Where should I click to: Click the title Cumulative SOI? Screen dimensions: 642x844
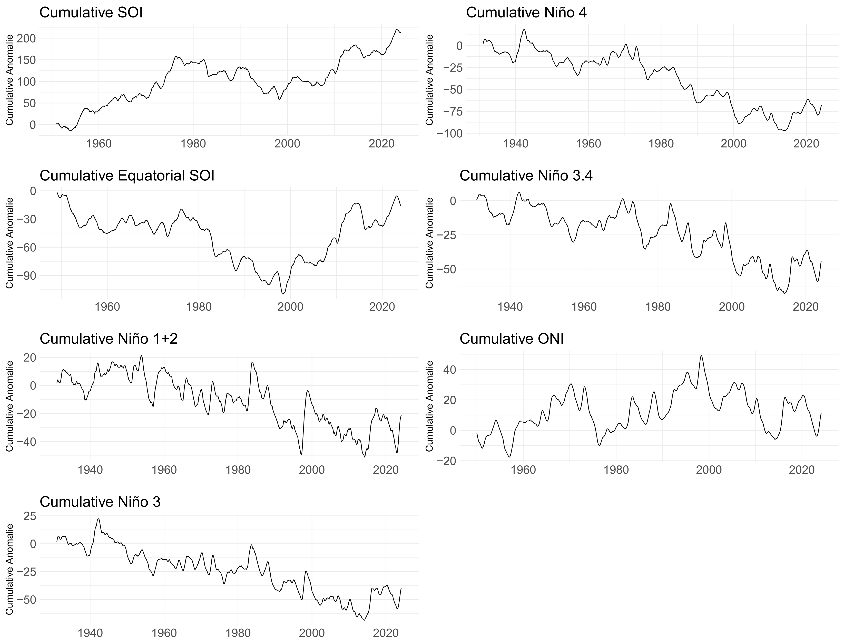click(91, 13)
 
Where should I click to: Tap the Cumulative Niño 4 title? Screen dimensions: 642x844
click(526, 13)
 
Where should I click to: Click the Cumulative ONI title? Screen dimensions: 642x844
click(511, 339)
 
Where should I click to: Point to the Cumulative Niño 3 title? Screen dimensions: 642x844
click(100, 502)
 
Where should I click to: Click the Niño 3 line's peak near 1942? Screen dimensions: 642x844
click(98, 519)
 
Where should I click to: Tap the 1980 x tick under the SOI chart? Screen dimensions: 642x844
click(193, 144)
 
